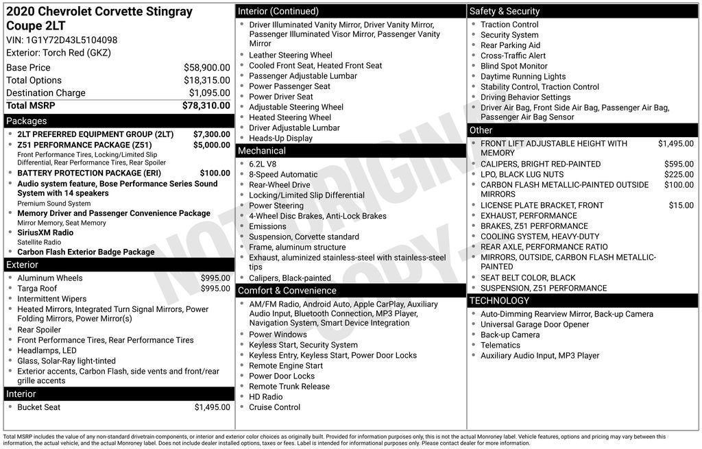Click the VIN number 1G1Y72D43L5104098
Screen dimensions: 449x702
(71, 40)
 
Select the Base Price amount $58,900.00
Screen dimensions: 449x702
(206, 68)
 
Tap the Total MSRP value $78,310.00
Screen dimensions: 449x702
(206, 106)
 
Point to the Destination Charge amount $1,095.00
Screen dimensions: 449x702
(209, 93)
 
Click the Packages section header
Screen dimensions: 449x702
(27, 121)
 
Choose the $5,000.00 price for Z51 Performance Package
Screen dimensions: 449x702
(211, 145)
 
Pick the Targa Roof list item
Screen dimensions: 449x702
(37, 289)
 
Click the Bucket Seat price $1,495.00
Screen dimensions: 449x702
(212, 407)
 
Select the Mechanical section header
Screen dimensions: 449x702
(261, 151)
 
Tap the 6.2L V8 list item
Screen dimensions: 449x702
(263, 165)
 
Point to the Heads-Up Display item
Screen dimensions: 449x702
(280, 138)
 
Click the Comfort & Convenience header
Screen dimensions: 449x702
(287, 290)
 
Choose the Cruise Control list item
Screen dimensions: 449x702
(274, 407)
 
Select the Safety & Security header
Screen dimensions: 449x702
(505, 11)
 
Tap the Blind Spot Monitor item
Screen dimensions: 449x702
(513, 66)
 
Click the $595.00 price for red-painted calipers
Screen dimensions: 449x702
(679, 165)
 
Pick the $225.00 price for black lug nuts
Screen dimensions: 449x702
(679, 175)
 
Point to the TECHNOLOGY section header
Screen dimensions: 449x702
(499, 300)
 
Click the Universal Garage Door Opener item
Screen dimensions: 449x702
(534, 325)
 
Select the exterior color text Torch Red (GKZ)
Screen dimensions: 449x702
(76, 53)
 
